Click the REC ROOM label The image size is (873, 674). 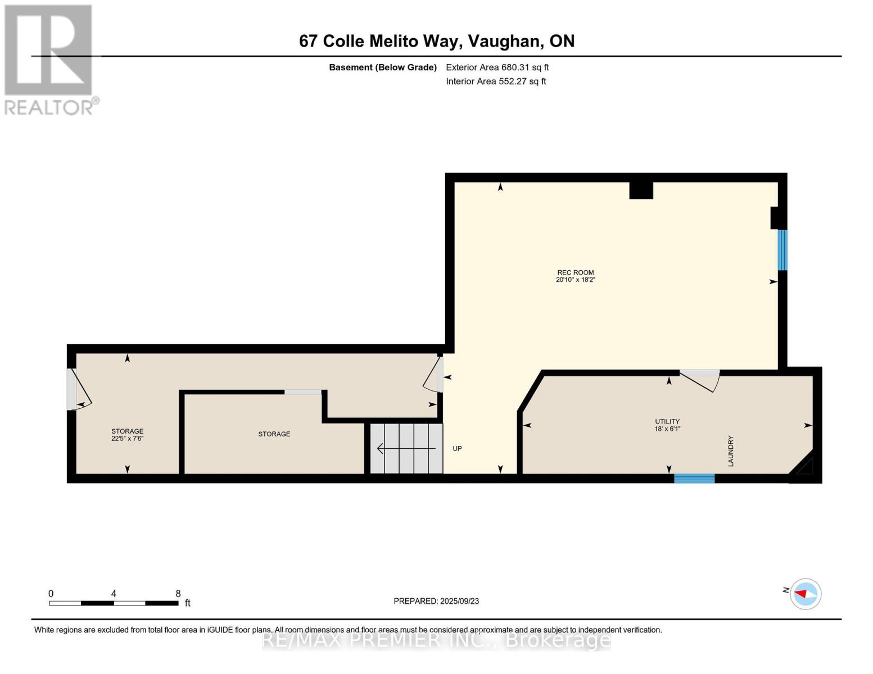pos(575,276)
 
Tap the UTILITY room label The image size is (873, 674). pos(667,425)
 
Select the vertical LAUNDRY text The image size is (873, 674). pos(731,451)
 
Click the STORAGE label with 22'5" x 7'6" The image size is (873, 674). pos(127,435)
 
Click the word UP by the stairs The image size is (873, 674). pos(457,448)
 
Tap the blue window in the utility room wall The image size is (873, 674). pos(694,479)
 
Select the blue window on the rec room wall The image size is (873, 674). pos(782,250)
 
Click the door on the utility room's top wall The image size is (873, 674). pos(700,379)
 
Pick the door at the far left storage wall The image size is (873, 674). pos(76,389)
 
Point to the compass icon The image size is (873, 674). pos(806,594)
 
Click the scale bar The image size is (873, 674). pos(114,603)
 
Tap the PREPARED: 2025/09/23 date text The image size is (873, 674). pos(436,601)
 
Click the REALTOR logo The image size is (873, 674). pos(49,59)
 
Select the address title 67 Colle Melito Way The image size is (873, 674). pos(436,41)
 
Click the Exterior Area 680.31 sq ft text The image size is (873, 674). pos(497,67)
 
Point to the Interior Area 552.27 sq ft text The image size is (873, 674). pos(496,81)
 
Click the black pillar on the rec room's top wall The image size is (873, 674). pos(641,190)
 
